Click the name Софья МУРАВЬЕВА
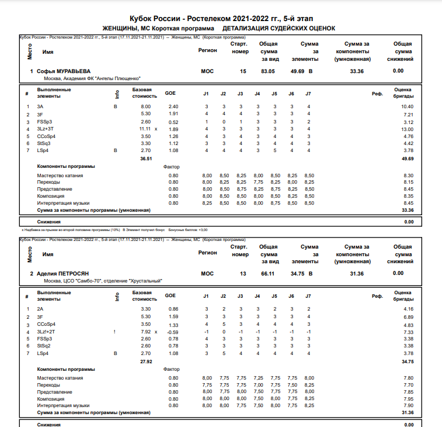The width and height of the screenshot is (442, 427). click(x=64, y=71)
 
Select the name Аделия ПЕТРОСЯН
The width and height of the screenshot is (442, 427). click(x=63, y=273)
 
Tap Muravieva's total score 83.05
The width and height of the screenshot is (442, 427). click(x=267, y=71)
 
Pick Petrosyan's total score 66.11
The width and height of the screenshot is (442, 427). click(x=267, y=273)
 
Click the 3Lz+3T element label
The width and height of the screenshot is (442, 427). click(x=46, y=129)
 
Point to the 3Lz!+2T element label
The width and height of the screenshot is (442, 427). click(x=46, y=331)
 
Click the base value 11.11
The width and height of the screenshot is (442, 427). click(x=145, y=129)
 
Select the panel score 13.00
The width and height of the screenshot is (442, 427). click(x=407, y=129)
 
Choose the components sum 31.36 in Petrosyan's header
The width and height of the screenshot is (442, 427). click(x=356, y=273)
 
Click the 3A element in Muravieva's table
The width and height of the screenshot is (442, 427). click(x=40, y=106)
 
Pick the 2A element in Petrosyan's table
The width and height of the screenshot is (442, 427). click(x=40, y=309)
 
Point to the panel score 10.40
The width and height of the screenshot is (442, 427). click(x=407, y=106)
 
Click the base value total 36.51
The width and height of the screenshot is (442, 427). click(x=145, y=158)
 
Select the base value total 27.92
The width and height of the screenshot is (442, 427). click(x=145, y=360)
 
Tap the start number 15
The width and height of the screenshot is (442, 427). click(x=243, y=71)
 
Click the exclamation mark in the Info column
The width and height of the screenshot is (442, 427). click(x=115, y=331)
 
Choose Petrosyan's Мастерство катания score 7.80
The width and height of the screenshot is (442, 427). click(x=408, y=378)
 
